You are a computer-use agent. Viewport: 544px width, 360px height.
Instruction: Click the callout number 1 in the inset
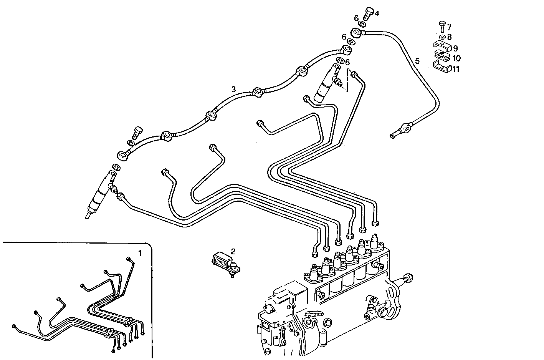(140, 253)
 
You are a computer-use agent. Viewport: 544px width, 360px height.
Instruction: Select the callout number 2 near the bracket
(233, 251)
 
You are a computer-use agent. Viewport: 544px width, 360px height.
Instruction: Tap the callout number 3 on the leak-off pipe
(233, 89)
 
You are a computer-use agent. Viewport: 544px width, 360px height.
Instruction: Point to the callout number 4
(377, 13)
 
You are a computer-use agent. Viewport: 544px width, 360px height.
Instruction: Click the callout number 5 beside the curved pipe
(417, 61)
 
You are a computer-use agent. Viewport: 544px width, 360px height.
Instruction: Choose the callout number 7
(449, 27)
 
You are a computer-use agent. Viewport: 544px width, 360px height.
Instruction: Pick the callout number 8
(449, 37)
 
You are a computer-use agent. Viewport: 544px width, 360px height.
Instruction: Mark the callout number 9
(455, 48)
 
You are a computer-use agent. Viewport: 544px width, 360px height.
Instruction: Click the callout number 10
(456, 58)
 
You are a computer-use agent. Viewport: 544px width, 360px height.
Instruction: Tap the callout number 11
(456, 69)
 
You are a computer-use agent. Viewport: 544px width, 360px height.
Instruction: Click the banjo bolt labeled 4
(367, 14)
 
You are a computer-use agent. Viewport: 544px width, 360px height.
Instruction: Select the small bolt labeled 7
(441, 27)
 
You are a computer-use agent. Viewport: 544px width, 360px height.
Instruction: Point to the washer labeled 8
(441, 37)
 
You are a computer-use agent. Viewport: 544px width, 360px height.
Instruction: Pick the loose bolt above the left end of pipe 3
(137, 132)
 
